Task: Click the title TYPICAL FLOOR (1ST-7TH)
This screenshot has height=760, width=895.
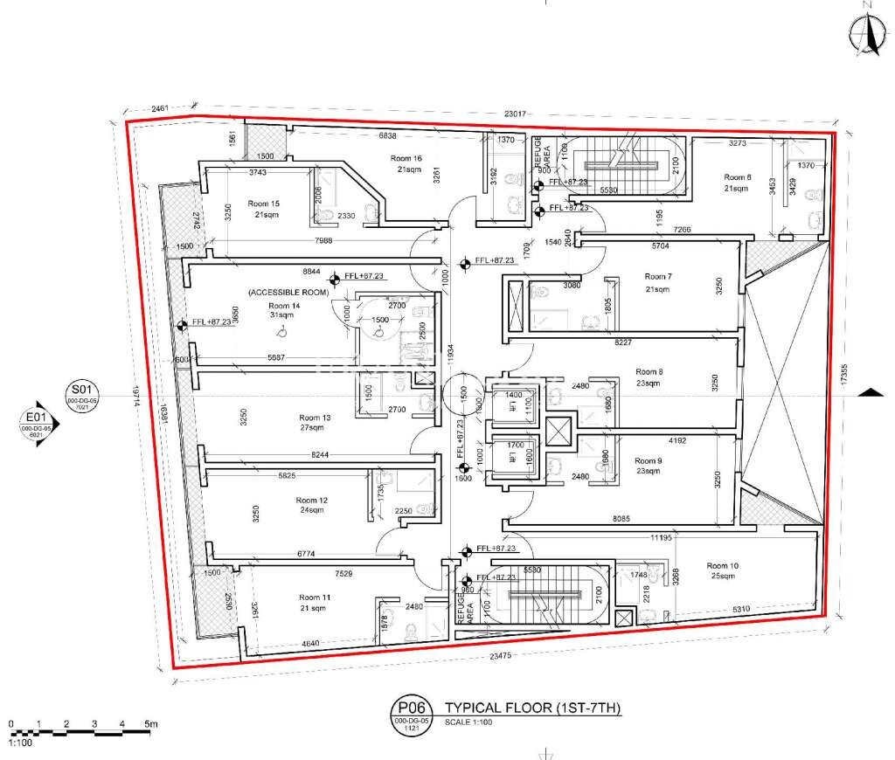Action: tap(533, 708)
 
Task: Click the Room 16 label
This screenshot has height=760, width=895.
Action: tap(406, 158)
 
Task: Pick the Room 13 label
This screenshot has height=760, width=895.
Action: tap(315, 418)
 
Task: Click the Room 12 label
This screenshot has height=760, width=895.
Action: tap(311, 501)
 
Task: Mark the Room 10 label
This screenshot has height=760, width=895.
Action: tap(723, 565)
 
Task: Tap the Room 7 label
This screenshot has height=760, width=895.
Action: tap(656, 277)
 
